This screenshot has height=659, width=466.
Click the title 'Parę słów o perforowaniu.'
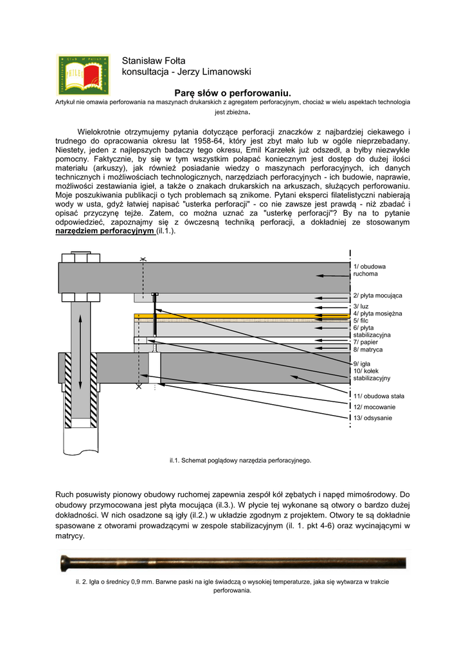point(233,94)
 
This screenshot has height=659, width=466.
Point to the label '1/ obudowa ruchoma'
point(370,270)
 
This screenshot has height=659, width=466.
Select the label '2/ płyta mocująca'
point(377,295)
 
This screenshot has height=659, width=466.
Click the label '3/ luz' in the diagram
point(361,306)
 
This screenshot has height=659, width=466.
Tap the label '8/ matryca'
point(368,349)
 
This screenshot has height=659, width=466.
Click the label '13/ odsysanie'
point(373,418)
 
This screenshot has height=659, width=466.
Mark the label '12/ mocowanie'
point(375,407)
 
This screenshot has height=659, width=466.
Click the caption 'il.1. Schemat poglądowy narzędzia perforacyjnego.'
point(240,460)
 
